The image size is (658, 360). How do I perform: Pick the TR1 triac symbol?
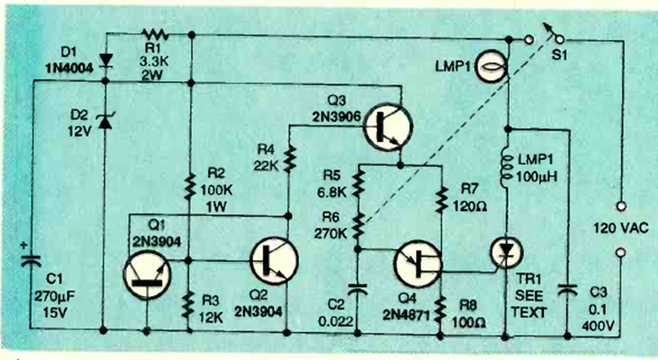(x=508, y=253)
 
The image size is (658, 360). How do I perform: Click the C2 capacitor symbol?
(x=357, y=289)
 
